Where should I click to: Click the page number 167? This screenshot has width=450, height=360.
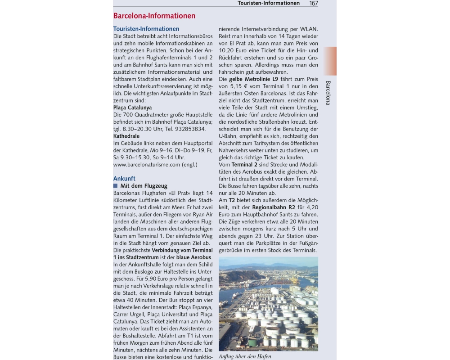pos(314,3)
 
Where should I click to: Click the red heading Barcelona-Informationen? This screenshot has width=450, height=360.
pos(154,16)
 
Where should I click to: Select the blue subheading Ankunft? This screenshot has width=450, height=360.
pos(124,178)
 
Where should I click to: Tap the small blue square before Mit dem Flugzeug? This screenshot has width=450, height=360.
pos(115,185)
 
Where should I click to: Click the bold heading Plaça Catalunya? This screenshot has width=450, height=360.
pos(132,108)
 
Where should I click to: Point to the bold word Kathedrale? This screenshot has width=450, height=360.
pos(126,136)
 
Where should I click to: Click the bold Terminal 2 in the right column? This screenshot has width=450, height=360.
pos(242,165)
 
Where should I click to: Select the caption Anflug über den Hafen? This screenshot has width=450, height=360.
pos(245,356)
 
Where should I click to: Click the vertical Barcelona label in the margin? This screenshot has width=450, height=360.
pos(328,93)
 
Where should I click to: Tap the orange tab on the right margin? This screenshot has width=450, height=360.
pos(330,61)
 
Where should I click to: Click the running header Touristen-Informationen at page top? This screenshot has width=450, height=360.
pos(269,3)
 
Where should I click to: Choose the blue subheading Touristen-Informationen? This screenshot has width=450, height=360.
pos(146,29)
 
